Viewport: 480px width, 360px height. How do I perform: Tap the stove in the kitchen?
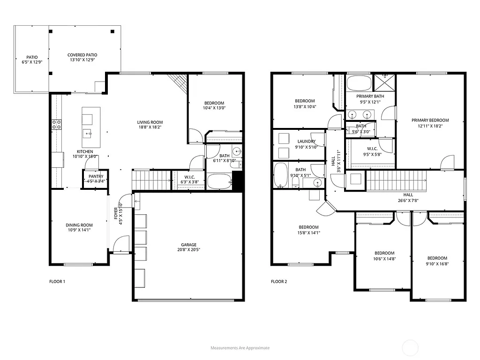(x=56, y=124)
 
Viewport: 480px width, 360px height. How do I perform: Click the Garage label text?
(x=189, y=245)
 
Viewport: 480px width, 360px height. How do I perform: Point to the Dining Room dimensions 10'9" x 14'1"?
(x=79, y=230)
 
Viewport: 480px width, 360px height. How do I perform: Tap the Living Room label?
(x=150, y=122)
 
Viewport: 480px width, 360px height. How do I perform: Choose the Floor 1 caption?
(x=57, y=282)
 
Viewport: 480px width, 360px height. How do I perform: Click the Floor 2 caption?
(x=279, y=282)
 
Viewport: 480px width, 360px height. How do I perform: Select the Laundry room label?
(x=306, y=142)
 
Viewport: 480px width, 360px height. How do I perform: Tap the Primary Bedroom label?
(x=430, y=120)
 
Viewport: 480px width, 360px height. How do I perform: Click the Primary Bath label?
(x=370, y=96)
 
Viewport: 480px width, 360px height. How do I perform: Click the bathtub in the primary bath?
(x=359, y=83)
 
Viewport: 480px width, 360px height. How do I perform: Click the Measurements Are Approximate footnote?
(x=240, y=348)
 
